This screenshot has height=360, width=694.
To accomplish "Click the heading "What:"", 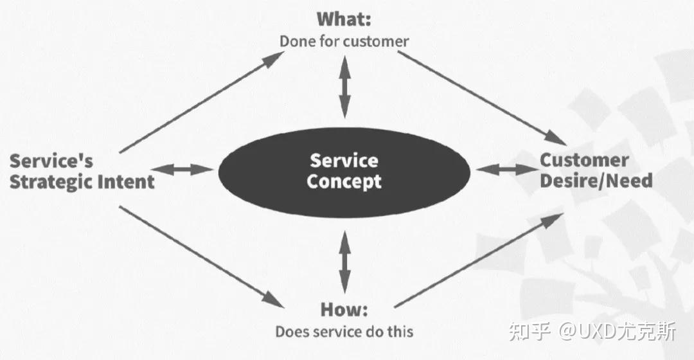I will tap(344, 19).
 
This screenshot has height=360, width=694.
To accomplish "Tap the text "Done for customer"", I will tap(344, 42).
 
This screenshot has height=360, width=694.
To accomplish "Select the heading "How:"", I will tap(344, 309).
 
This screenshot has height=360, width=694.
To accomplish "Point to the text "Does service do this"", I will tap(344, 332).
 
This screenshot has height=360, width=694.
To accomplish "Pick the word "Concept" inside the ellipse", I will tap(344, 181).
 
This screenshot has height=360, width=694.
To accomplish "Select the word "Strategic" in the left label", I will tap(51, 182).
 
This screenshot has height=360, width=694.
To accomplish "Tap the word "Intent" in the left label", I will tap(126, 182).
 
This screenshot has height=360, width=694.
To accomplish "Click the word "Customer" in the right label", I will tap(583, 159).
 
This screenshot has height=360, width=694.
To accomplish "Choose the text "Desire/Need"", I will tap(596, 181).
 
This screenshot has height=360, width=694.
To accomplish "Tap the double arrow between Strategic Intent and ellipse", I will tap(184, 170).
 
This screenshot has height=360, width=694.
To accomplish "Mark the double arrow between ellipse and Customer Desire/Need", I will tap(507, 170).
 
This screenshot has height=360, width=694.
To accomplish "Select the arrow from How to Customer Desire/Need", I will tap(479, 260).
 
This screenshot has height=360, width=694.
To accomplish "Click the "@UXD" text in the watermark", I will tap(584, 332).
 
